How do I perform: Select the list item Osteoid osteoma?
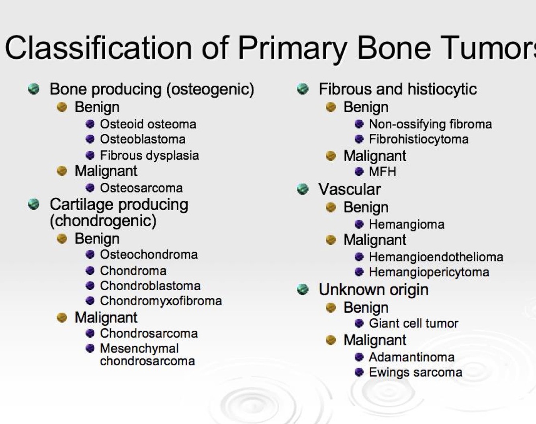148,124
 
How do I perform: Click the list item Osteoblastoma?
143,139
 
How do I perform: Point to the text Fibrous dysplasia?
149,156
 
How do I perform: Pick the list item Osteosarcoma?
141,188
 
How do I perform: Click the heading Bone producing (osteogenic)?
151,89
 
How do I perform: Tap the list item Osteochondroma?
149,255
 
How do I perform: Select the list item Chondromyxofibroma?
161,301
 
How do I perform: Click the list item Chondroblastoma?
150,286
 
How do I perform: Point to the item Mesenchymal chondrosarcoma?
147,354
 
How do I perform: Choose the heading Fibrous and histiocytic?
397,89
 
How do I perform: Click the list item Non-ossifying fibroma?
430,124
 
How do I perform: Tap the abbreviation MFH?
382,172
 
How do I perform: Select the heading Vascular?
350,189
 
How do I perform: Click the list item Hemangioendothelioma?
436,257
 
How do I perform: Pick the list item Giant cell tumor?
413,324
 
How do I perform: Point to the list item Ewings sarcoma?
415,373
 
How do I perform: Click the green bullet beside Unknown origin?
303,289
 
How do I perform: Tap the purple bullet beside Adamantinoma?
359,357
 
